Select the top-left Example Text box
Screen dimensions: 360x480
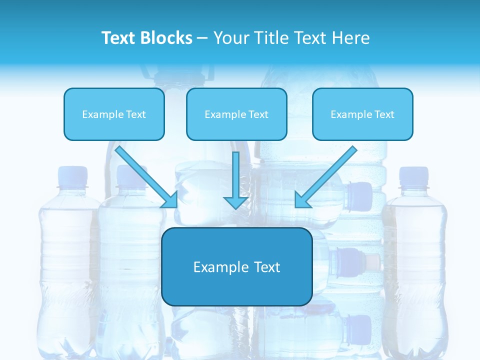point(114,114)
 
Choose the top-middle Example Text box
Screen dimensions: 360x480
point(236,114)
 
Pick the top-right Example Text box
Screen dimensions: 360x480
point(362,114)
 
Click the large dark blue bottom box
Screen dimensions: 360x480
point(236,266)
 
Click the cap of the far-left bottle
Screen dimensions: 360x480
point(72,176)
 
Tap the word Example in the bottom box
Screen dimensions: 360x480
point(214,267)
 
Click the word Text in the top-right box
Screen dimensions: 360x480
point(384,114)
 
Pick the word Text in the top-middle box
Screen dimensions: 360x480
point(258,114)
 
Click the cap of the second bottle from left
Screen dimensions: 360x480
point(131,176)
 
